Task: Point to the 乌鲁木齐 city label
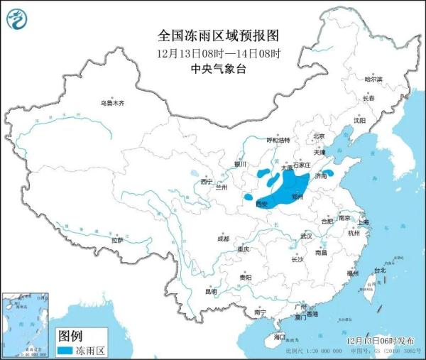111,103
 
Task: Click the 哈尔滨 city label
373,80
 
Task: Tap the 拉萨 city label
117,240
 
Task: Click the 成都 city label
223,239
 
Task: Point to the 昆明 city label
211,291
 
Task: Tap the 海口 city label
280,337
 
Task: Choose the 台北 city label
380,270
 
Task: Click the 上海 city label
364,222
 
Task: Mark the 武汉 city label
306,235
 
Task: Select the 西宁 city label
206,182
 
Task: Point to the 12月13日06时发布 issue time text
383,342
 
